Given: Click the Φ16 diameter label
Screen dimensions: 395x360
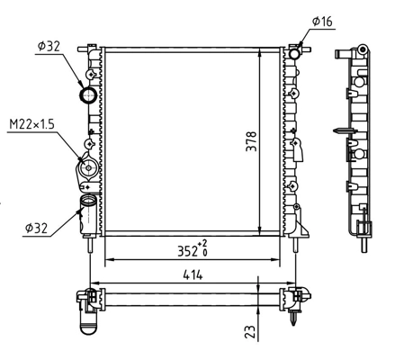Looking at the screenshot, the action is click(x=322, y=22).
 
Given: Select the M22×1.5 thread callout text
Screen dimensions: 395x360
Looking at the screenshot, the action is click(x=31, y=124).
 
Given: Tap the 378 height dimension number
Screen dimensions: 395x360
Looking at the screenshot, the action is click(x=251, y=141).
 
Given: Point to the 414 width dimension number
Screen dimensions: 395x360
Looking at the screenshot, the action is click(x=193, y=274).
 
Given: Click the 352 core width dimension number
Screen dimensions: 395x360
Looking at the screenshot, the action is click(x=187, y=251).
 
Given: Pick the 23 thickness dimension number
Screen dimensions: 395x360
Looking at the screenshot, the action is click(x=251, y=332).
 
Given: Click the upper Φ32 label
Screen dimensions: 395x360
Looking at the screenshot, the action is click(x=49, y=46).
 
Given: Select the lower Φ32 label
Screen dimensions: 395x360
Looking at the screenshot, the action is click(x=36, y=229).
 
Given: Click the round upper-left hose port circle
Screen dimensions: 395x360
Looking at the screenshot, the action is click(x=87, y=95).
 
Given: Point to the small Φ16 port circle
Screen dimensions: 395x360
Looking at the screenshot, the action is click(x=294, y=54).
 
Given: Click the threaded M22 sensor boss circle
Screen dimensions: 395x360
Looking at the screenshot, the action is click(x=88, y=167).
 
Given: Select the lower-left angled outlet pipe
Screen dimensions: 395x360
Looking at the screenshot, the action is click(x=87, y=214).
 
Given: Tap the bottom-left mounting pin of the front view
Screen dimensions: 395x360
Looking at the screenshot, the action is click(x=90, y=244).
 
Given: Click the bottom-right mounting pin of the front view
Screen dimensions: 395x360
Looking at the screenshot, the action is click(x=296, y=244).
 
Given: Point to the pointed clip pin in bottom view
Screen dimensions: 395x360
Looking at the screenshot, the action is click(x=293, y=317).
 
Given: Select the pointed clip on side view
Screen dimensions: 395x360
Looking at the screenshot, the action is click(x=345, y=130).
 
